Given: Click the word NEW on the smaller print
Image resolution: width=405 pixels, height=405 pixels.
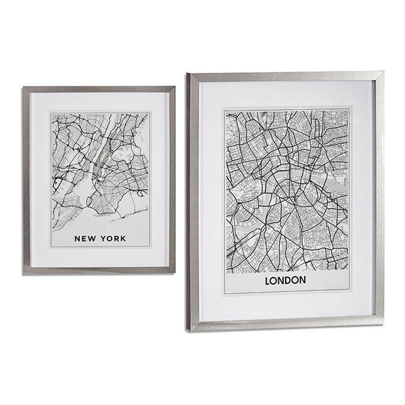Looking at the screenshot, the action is [84, 239].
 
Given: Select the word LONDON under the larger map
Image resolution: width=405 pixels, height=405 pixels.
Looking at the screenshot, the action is [286, 280].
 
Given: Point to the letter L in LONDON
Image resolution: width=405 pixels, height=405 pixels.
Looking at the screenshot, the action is [269, 280].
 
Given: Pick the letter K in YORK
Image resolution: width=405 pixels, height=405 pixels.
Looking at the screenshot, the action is [123, 239].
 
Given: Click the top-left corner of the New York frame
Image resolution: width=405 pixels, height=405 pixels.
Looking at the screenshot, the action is [24, 88].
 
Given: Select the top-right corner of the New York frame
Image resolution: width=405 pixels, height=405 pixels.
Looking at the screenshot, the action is [174, 87].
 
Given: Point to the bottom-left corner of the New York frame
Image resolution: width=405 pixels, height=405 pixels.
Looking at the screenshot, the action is [24, 273].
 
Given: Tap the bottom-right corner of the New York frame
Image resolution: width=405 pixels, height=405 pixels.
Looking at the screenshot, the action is [174, 271].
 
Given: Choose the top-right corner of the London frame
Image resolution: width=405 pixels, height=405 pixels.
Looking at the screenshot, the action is [382, 72].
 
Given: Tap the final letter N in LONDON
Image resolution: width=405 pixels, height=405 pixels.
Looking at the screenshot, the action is [303, 280].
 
